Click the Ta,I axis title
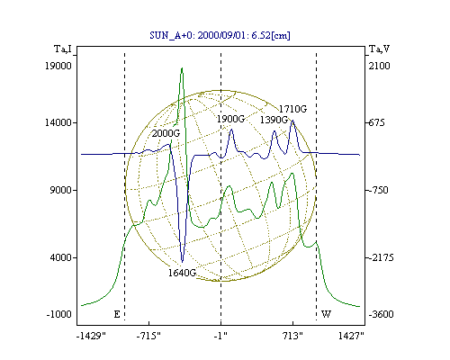click(x=63, y=49)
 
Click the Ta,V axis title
click(x=379, y=49)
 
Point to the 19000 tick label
click(x=58, y=66)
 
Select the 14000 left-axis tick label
click(x=58, y=122)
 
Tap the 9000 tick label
click(x=61, y=190)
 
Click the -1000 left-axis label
click(x=59, y=314)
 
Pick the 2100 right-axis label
click(x=379, y=66)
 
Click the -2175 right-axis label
click(x=380, y=257)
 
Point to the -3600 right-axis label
click(x=381, y=314)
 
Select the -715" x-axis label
click(x=148, y=336)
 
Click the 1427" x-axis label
click(x=351, y=336)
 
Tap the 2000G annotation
click(x=166, y=133)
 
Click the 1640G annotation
click(x=182, y=273)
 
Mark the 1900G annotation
click(x=230, y=119)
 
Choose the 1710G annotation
click(x=292, y=109)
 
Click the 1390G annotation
click(x=274, y=120)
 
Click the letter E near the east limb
click(x=117, y=314)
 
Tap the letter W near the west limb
click(x=326, y=314)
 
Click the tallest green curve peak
click(x=182, y=68)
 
